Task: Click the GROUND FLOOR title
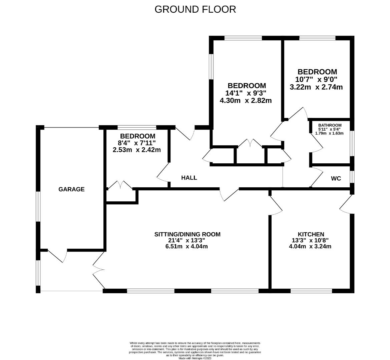coord(195,9)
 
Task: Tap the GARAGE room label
coord(71,189)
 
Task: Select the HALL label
coord(189,178)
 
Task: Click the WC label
coord(336,179)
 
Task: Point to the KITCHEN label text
coord(311,234)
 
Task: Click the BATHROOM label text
coord(330,125)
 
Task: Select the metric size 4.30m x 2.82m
coord(245,100)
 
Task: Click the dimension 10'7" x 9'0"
coord(316,80)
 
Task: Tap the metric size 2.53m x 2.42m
coord(137,150)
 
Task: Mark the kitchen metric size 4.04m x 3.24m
coord(310,247)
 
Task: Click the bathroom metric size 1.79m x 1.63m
coord(329,133)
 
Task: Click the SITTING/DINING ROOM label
coord(187,234)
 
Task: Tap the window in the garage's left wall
coord(38,207)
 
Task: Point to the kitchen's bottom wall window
coord(311,291)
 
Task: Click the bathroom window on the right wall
coord(352,143)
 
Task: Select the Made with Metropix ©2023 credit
coord(195,358)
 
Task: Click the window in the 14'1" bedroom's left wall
coord(211,67)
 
